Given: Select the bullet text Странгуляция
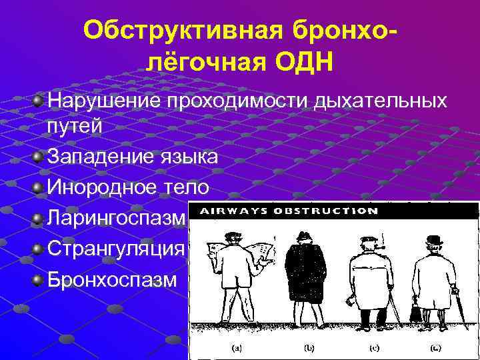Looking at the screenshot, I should pyautogui.click(x=115, y=249).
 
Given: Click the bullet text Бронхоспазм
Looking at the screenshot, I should pyautogui.click(x=112, y=279).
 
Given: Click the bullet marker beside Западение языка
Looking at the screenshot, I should pyautogui.click(x=39, y=157).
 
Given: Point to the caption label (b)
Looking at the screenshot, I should pyautogui.click(x=309, y=347).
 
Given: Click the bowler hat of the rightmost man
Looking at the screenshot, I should pyautogui.click(x=435, y=240).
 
